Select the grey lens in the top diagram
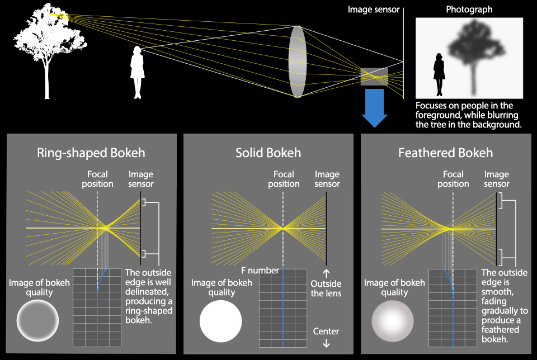(298, 61)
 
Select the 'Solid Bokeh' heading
(268, 153)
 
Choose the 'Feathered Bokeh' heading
(446, 153)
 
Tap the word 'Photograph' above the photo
(469, 10)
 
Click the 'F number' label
(260, 271)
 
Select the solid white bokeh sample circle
(220, 321)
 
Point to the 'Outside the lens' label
(326, 288)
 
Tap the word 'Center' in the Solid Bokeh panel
(326, 331)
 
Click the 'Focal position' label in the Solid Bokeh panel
(284, 179)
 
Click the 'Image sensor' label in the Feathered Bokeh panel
(497, 179)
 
